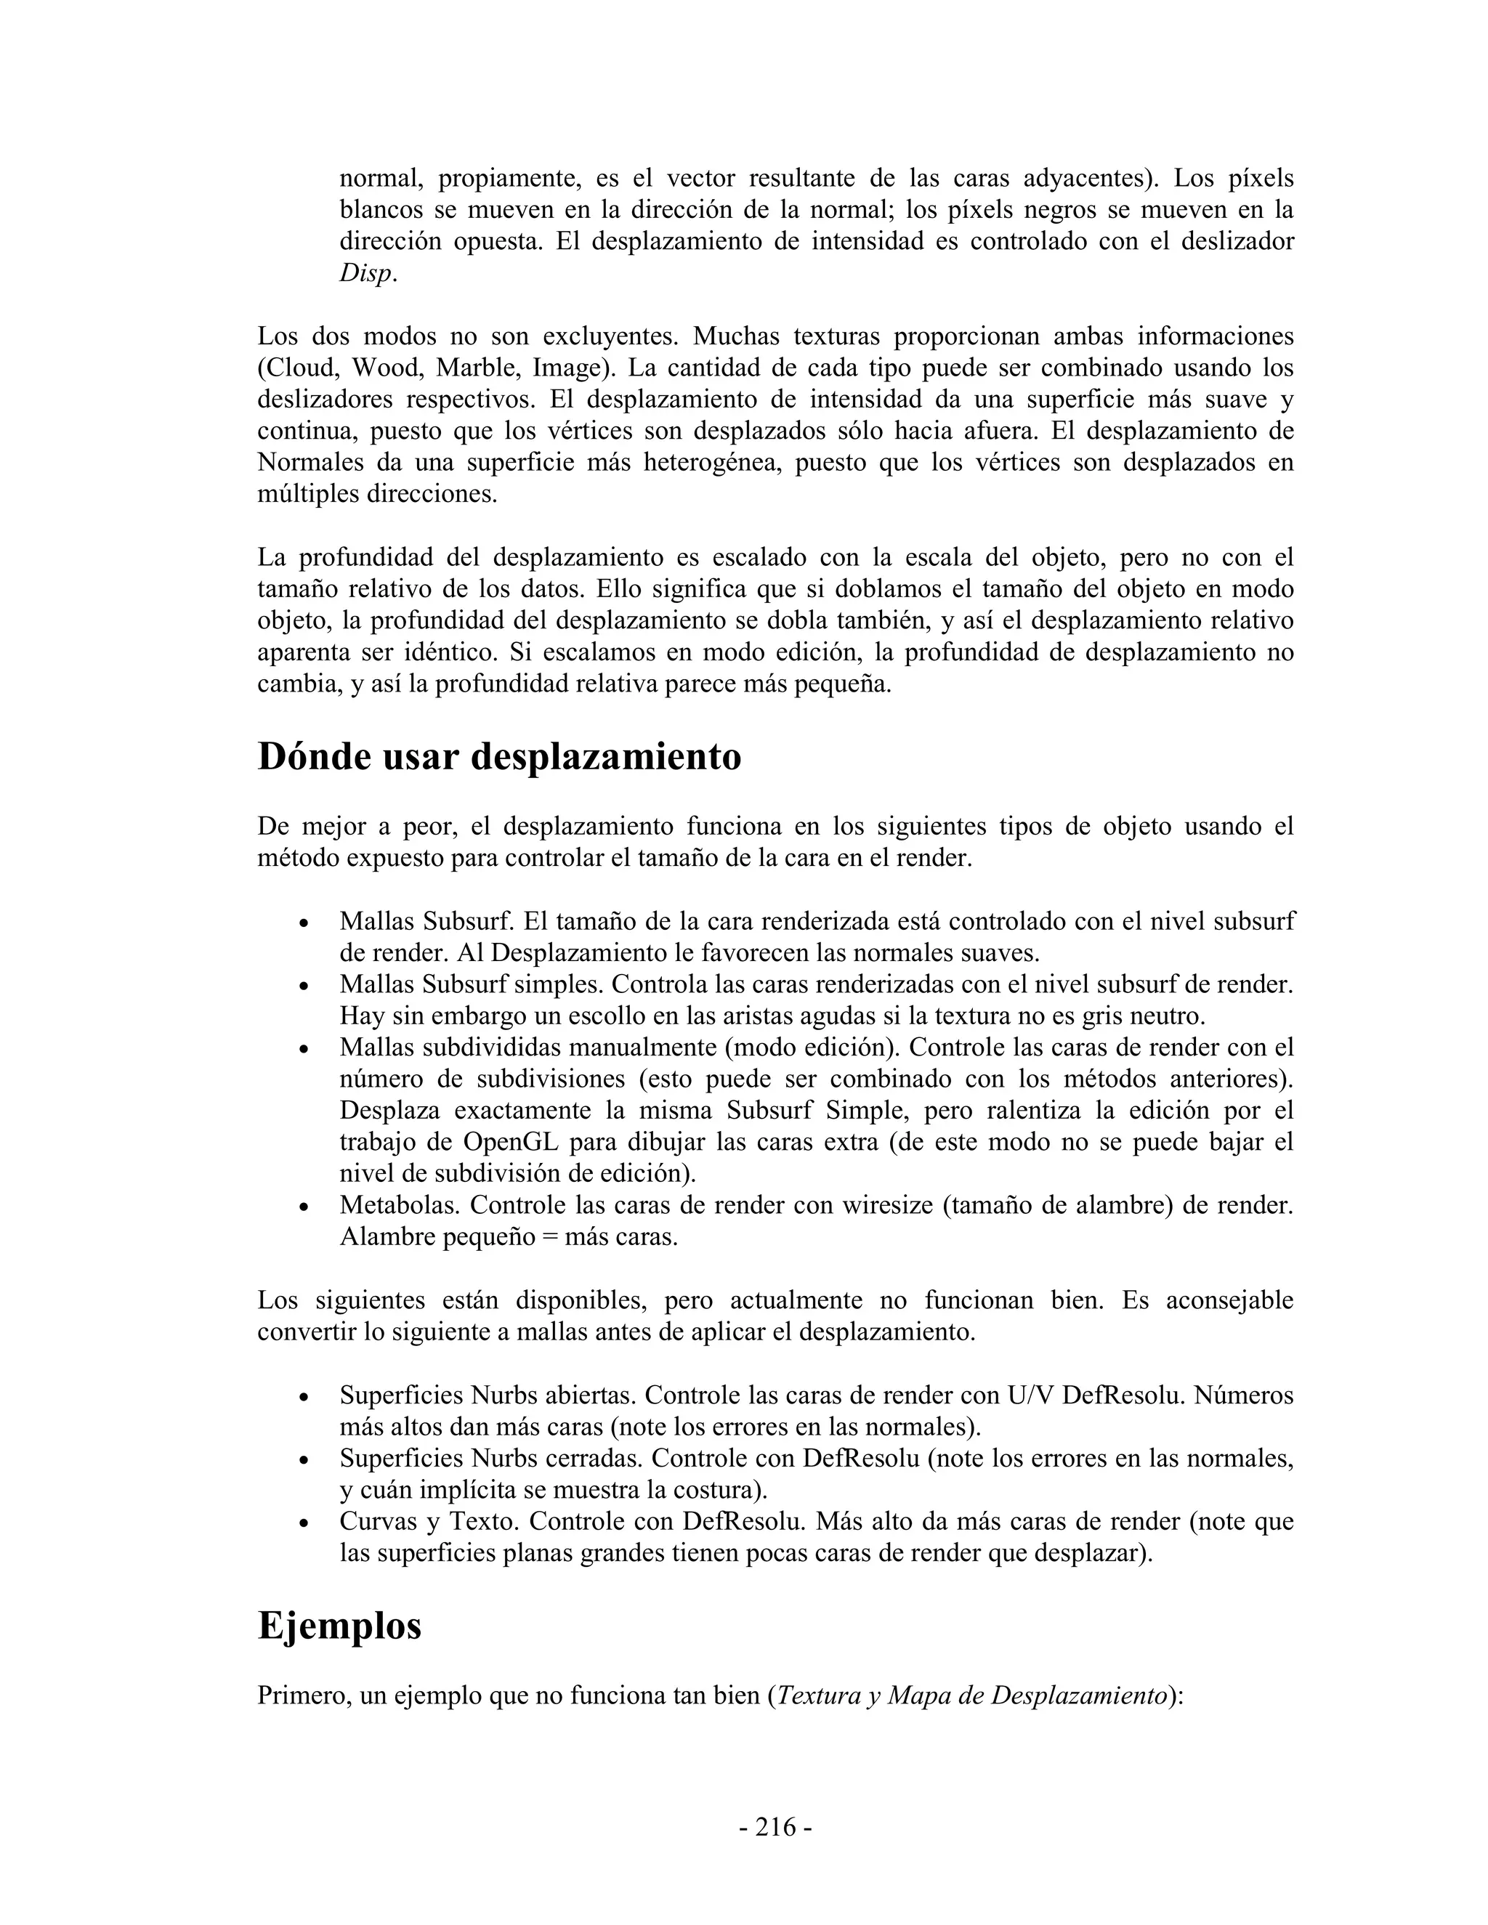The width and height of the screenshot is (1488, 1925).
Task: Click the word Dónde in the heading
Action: point(314,757)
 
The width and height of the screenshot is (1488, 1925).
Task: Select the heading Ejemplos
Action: point(339,1625)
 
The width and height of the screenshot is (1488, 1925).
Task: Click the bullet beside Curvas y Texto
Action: point(303,1524)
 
